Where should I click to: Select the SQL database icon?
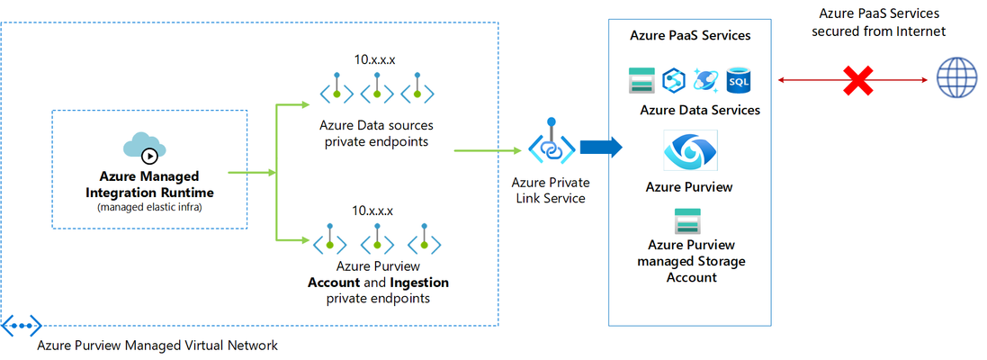(738, 81)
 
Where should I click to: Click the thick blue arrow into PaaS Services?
(601, 148)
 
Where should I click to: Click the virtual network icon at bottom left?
(22, 326)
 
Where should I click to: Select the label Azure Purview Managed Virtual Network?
(157, 346)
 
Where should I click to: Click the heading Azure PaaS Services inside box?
(690, 35)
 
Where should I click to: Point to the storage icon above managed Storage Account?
(687, 221)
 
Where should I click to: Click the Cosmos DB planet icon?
(706, 81)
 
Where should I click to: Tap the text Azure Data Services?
(700, 110)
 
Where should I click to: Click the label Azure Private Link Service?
(552, 191)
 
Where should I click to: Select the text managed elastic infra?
(149, 207)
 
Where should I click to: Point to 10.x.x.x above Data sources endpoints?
(376, 60)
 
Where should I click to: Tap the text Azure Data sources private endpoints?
(376, 133)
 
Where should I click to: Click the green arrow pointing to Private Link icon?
(491, 150)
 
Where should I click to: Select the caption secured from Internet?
(879, 31)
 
